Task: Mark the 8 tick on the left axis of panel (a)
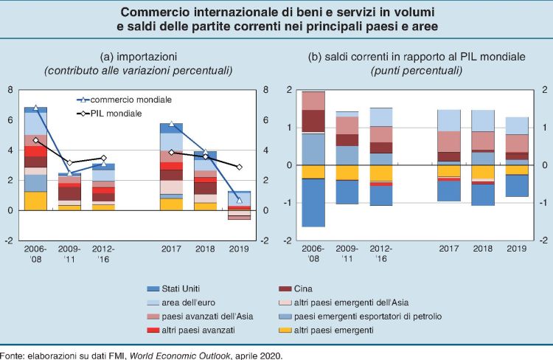click(10, 89)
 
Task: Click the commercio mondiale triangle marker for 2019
click(239, 201)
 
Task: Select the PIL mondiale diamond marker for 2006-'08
click(35, 140)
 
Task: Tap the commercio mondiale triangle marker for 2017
click(171, 124)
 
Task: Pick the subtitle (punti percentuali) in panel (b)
click(417, 71)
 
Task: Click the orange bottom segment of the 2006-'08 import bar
click(35, 201)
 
